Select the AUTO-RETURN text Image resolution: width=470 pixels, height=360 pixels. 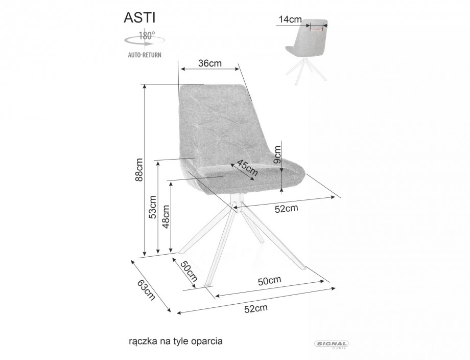point(145,55)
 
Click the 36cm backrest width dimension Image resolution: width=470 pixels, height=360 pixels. point(209,63)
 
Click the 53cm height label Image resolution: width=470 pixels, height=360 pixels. point(152,207)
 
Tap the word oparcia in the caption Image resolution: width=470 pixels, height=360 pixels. point(208,340)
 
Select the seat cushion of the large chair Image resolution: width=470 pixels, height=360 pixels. point(245,176)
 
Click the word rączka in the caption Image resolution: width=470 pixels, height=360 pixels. point(143,340)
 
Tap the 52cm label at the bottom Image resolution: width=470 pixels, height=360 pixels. point(256,308)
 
